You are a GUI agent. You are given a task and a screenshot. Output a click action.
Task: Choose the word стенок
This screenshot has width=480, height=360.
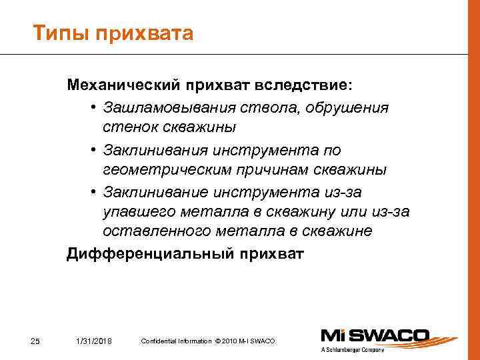click(x=129, y=127)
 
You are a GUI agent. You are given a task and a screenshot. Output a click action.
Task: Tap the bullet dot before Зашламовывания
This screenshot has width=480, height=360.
click(x=96, y=108)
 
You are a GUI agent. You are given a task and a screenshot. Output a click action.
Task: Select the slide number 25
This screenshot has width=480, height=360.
click(x=36, y=342)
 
